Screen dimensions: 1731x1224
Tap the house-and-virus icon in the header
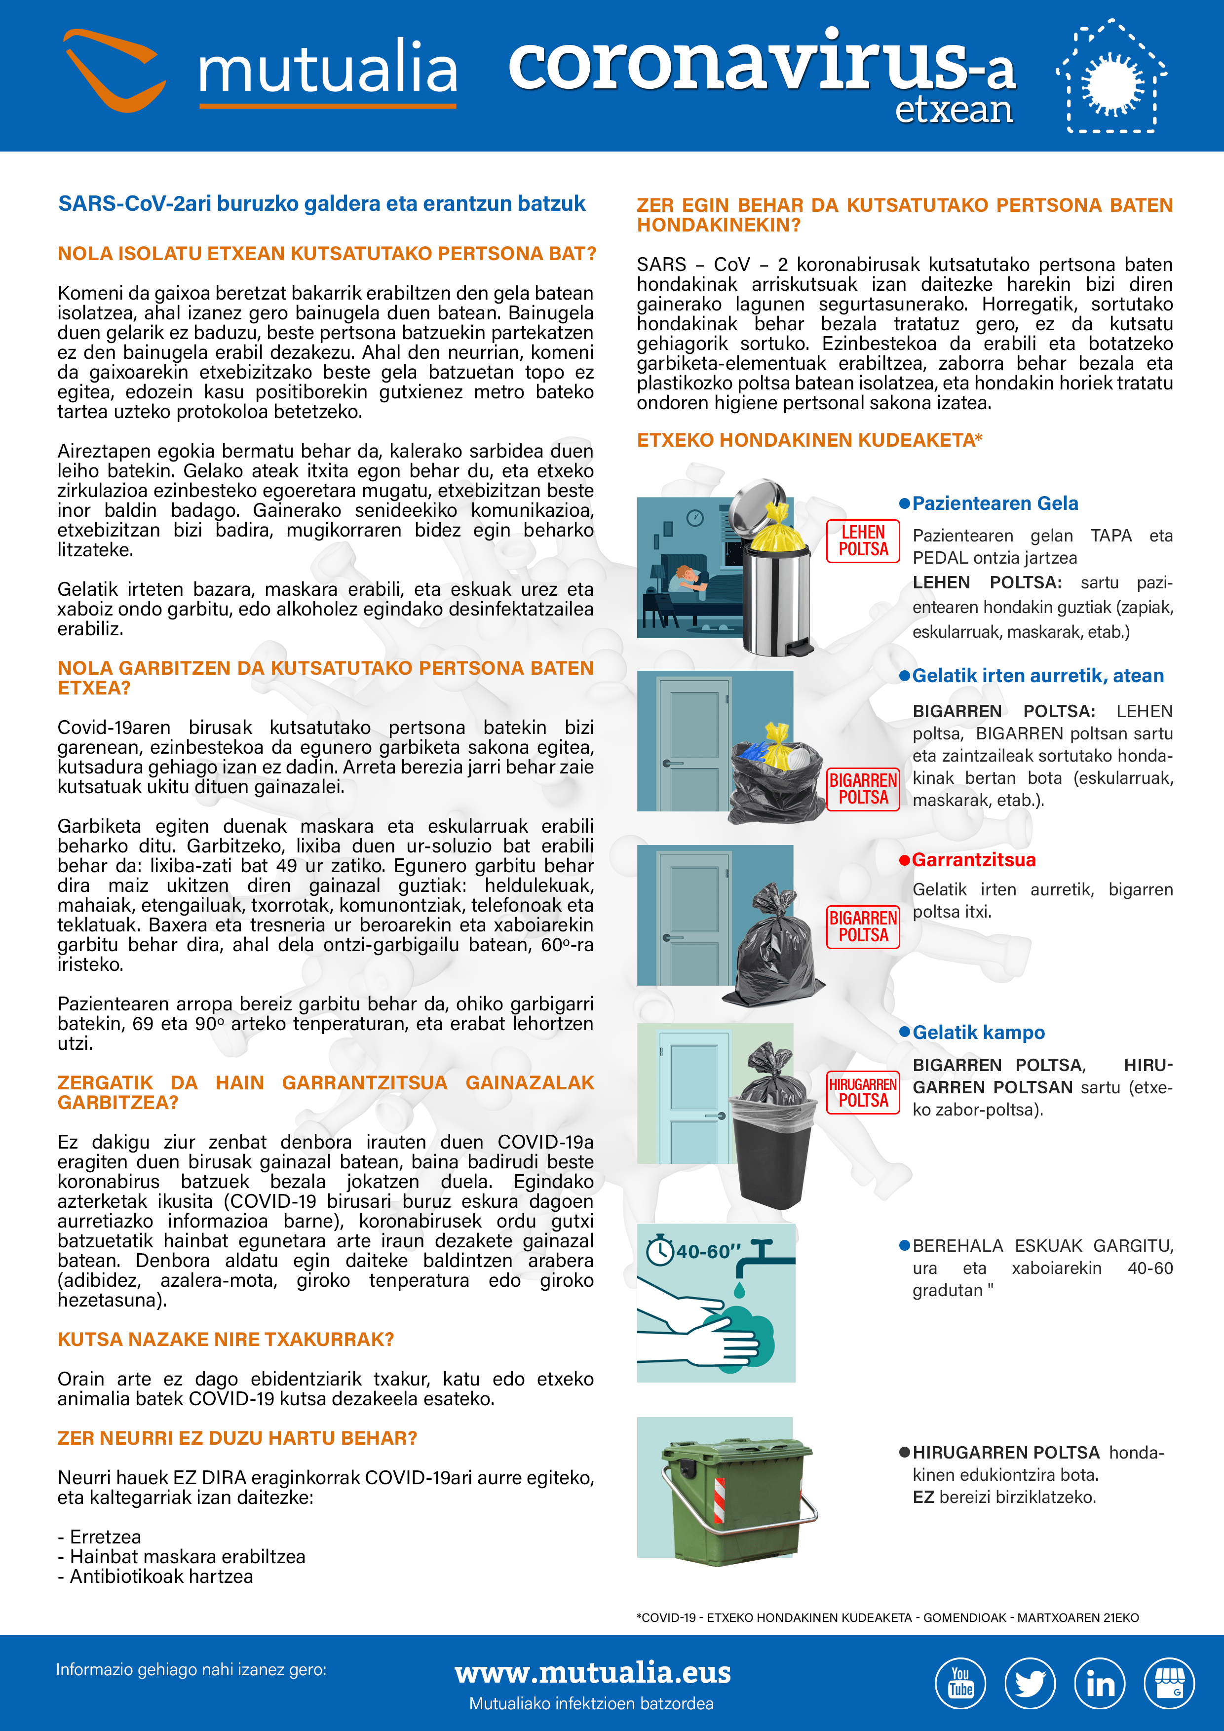point(1111,78)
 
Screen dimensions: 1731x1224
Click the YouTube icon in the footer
point(960,1683)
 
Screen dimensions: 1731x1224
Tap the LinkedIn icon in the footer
point(1100,1683)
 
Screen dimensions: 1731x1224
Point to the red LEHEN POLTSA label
point(863,540)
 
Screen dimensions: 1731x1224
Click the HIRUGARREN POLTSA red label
point(863,1092)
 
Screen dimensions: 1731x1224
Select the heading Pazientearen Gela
point(995,503)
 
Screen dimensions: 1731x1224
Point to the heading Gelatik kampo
point(978,1032)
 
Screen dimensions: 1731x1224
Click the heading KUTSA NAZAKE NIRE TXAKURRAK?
point(226,1339)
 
